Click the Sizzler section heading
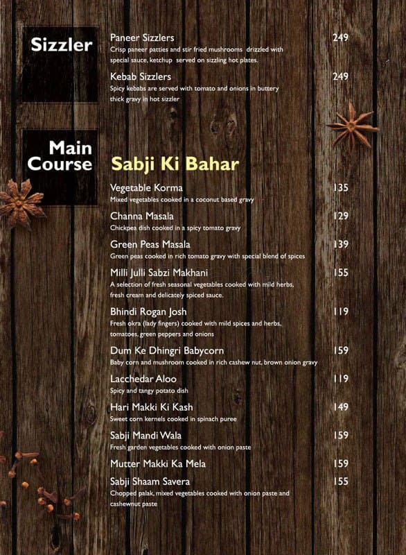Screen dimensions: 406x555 coord(62,46)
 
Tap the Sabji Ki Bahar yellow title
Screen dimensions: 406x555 coord(175,164)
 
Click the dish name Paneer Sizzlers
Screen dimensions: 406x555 coord(142,37)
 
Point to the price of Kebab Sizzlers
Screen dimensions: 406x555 coord(340,76)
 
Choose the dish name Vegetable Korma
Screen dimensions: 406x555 coord(146,188)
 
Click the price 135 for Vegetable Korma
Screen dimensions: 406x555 coord(340,188)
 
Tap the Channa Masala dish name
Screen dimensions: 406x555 coord(142,216)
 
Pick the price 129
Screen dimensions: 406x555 coord(340,216)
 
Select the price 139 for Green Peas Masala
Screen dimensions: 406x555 coord(340,245)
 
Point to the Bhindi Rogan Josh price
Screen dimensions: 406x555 coord(340,312)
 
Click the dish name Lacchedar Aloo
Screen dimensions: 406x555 coord(143,379)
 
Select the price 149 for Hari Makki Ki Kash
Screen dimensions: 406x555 coord(340,407)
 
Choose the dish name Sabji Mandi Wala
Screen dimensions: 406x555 coord(144,436)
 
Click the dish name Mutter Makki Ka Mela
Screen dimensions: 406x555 coord(158,463)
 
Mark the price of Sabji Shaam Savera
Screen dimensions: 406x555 coord(340,481)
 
